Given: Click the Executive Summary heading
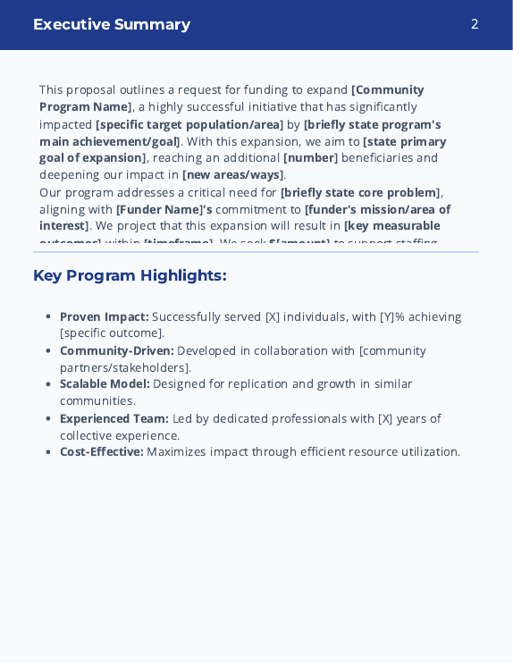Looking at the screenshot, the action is [x=112, y=24].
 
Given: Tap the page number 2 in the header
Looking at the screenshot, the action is [x=475, y=24].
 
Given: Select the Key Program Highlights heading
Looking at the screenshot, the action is [x=130, y=275].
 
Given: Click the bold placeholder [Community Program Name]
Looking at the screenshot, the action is [x=387, y=90].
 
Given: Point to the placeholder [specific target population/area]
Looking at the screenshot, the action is [x=189, y=124].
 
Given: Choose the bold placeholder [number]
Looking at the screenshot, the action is [x=310, y=158].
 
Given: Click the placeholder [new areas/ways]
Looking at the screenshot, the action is [x=233, y=175].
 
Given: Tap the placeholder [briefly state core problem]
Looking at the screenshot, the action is [x=360, y=192].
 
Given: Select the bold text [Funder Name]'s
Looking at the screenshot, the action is [x=164, y=209].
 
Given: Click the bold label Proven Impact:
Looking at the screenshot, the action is [x=104, y=316].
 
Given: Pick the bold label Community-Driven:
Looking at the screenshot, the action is [x=116, y=350].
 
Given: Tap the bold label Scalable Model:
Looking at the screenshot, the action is [x=104, y=383].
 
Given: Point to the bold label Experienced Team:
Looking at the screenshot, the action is [x=114, y=418].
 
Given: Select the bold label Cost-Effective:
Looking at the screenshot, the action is [x=101, y=451].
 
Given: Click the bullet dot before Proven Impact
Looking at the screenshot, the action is [x=47, y=316].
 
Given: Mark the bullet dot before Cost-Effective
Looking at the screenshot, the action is [x=47, y=451].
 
